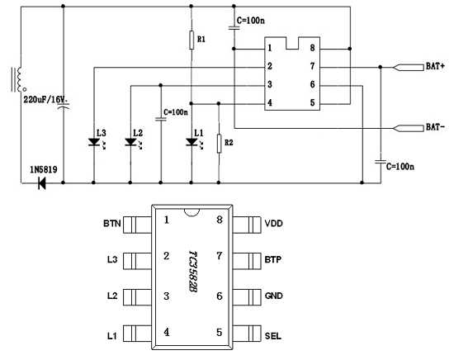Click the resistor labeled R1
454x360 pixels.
(x=192, y=40)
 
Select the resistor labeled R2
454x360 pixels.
(x=219, y=144)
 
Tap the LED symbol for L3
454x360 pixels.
(x=93, y=142)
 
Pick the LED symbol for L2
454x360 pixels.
(x=130, y=142)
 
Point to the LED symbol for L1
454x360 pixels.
(x=192, y=142)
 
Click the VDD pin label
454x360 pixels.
(x=273, y=224)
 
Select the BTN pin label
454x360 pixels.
(x=112, y=224)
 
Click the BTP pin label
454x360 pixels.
(x=273, y=260)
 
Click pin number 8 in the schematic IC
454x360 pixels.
(x=313, y=49)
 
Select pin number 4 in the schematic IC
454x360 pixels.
(x=270, y=103)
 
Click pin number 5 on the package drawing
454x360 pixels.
(x=219, y=333)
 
